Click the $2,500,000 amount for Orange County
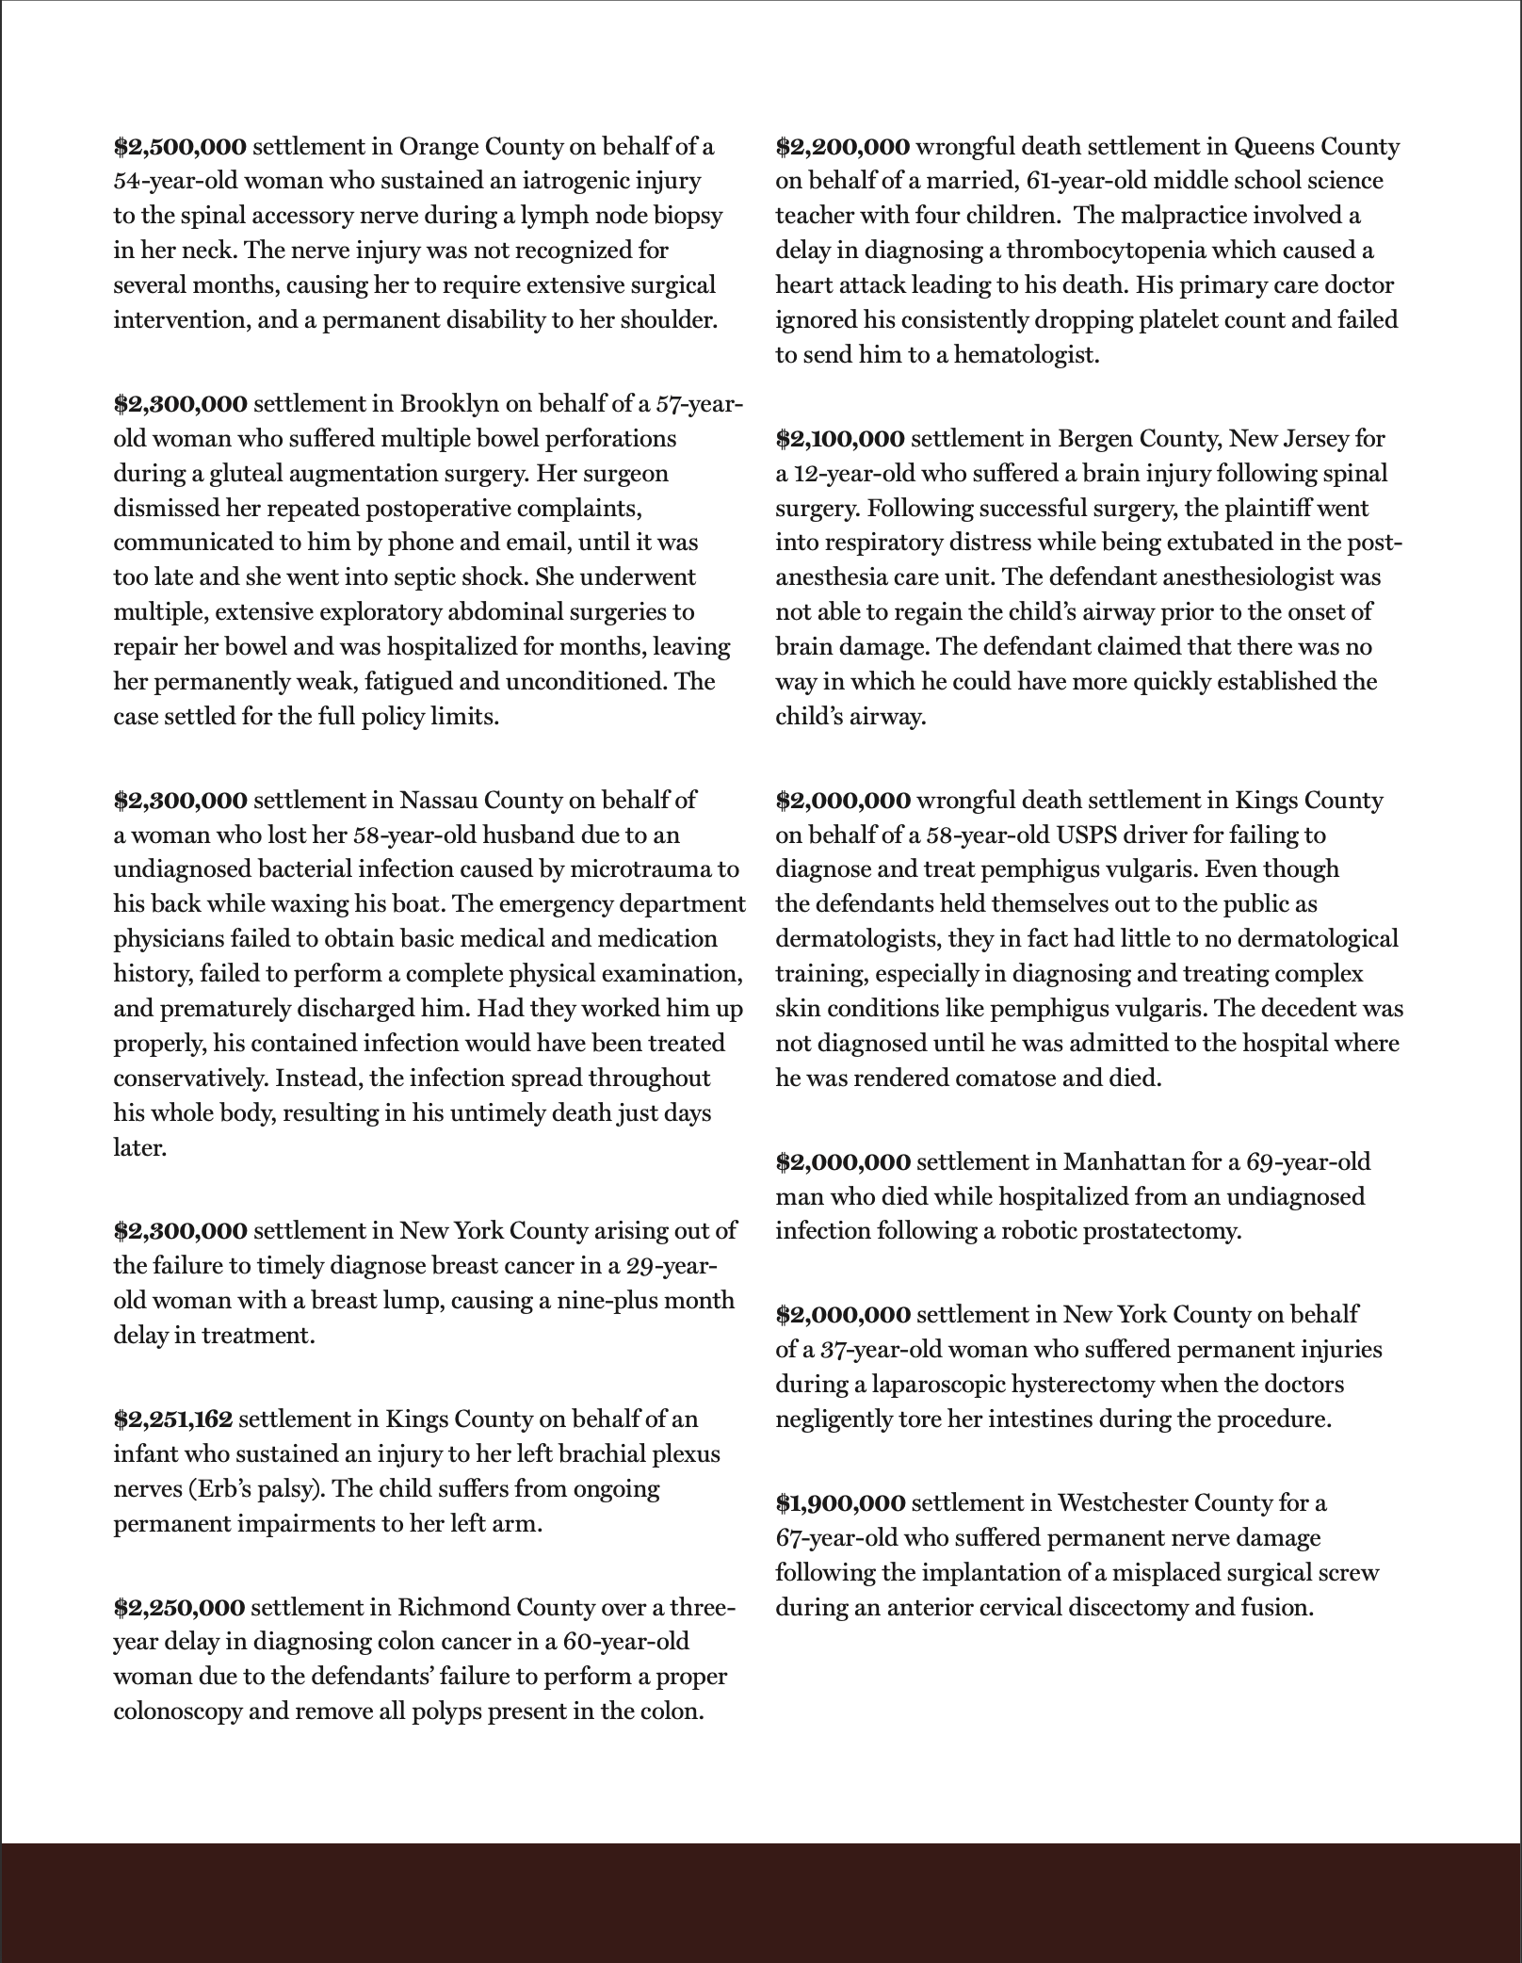pos(180,146)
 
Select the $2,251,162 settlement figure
pos(173,1419)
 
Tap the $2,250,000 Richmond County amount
pos(179,1607)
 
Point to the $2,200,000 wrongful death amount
pos(842,146)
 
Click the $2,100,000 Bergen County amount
pos(840,438)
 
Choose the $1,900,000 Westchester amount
pos(840,1503)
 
